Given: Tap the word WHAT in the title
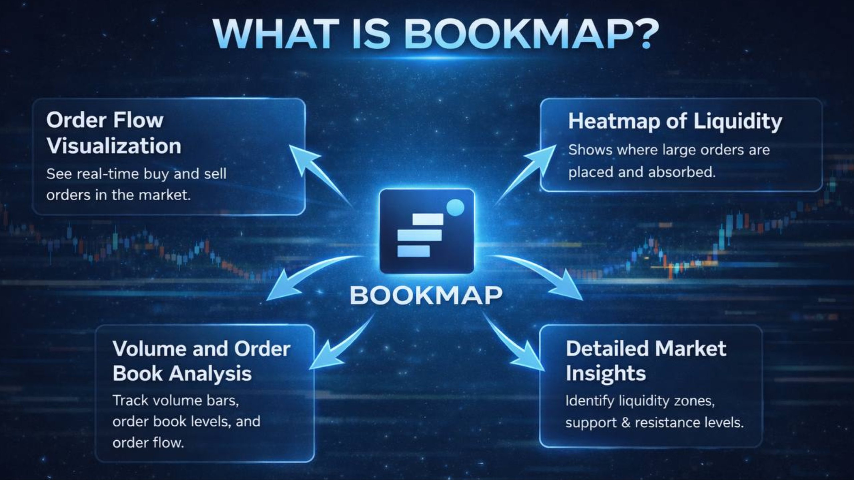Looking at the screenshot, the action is pyautogui.click(x=274, y=34).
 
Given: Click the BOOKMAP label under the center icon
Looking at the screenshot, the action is pyautogui.click(x=426, y=295).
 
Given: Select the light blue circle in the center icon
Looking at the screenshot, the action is pyautogui.click(x=455, y=207).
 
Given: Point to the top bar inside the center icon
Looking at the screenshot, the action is pyautogui.click(x=428, y=219).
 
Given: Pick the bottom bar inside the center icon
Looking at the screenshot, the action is pyautogui.click(x=413, y=251).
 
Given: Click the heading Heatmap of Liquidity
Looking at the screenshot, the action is pyautogui.click(x=675, y=121).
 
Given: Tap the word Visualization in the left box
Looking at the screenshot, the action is pyautogui.click(x=114, y=146).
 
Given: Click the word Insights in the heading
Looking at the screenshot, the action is pyautogui.click(x=606, y=373).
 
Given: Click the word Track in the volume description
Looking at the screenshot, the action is pyautogui.click(x=130, y=400).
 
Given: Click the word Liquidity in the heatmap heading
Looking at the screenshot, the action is pyautogui.click(x=738, y=121).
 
